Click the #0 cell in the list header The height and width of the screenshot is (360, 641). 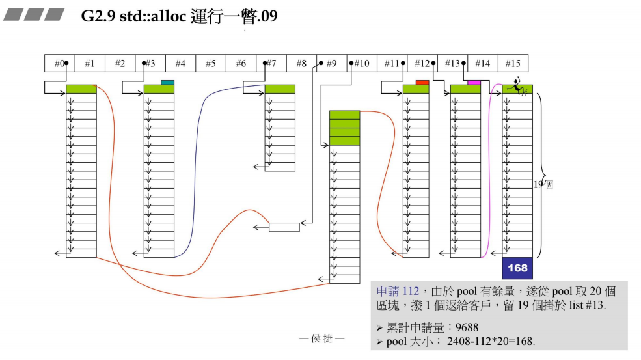(x=59, y=63)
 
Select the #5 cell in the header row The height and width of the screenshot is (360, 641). (x=210, y=63)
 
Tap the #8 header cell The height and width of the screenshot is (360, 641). (x=301, y=63)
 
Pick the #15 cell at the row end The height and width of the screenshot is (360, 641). (x=513, y=63)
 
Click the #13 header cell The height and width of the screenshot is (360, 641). (x=452, y=63)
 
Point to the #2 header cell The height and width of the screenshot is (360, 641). (x=120, y=63)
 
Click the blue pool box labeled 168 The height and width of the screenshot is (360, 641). (x=517, y=268)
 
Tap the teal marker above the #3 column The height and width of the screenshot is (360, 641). (x=167, y=83)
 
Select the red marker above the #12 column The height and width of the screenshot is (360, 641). (x=422, y=83)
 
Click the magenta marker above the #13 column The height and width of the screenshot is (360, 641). (x=474, y=83)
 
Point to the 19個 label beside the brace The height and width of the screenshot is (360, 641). (x=543, y=185)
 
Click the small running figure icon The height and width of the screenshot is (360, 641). (x=517, y=86)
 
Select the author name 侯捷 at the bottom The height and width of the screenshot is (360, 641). (x=321, y=339)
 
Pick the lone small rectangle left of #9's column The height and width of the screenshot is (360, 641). (x=284, y=227)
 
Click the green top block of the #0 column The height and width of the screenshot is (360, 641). (x=81, y=89)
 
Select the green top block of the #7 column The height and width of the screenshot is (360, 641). (x=280, y=89)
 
